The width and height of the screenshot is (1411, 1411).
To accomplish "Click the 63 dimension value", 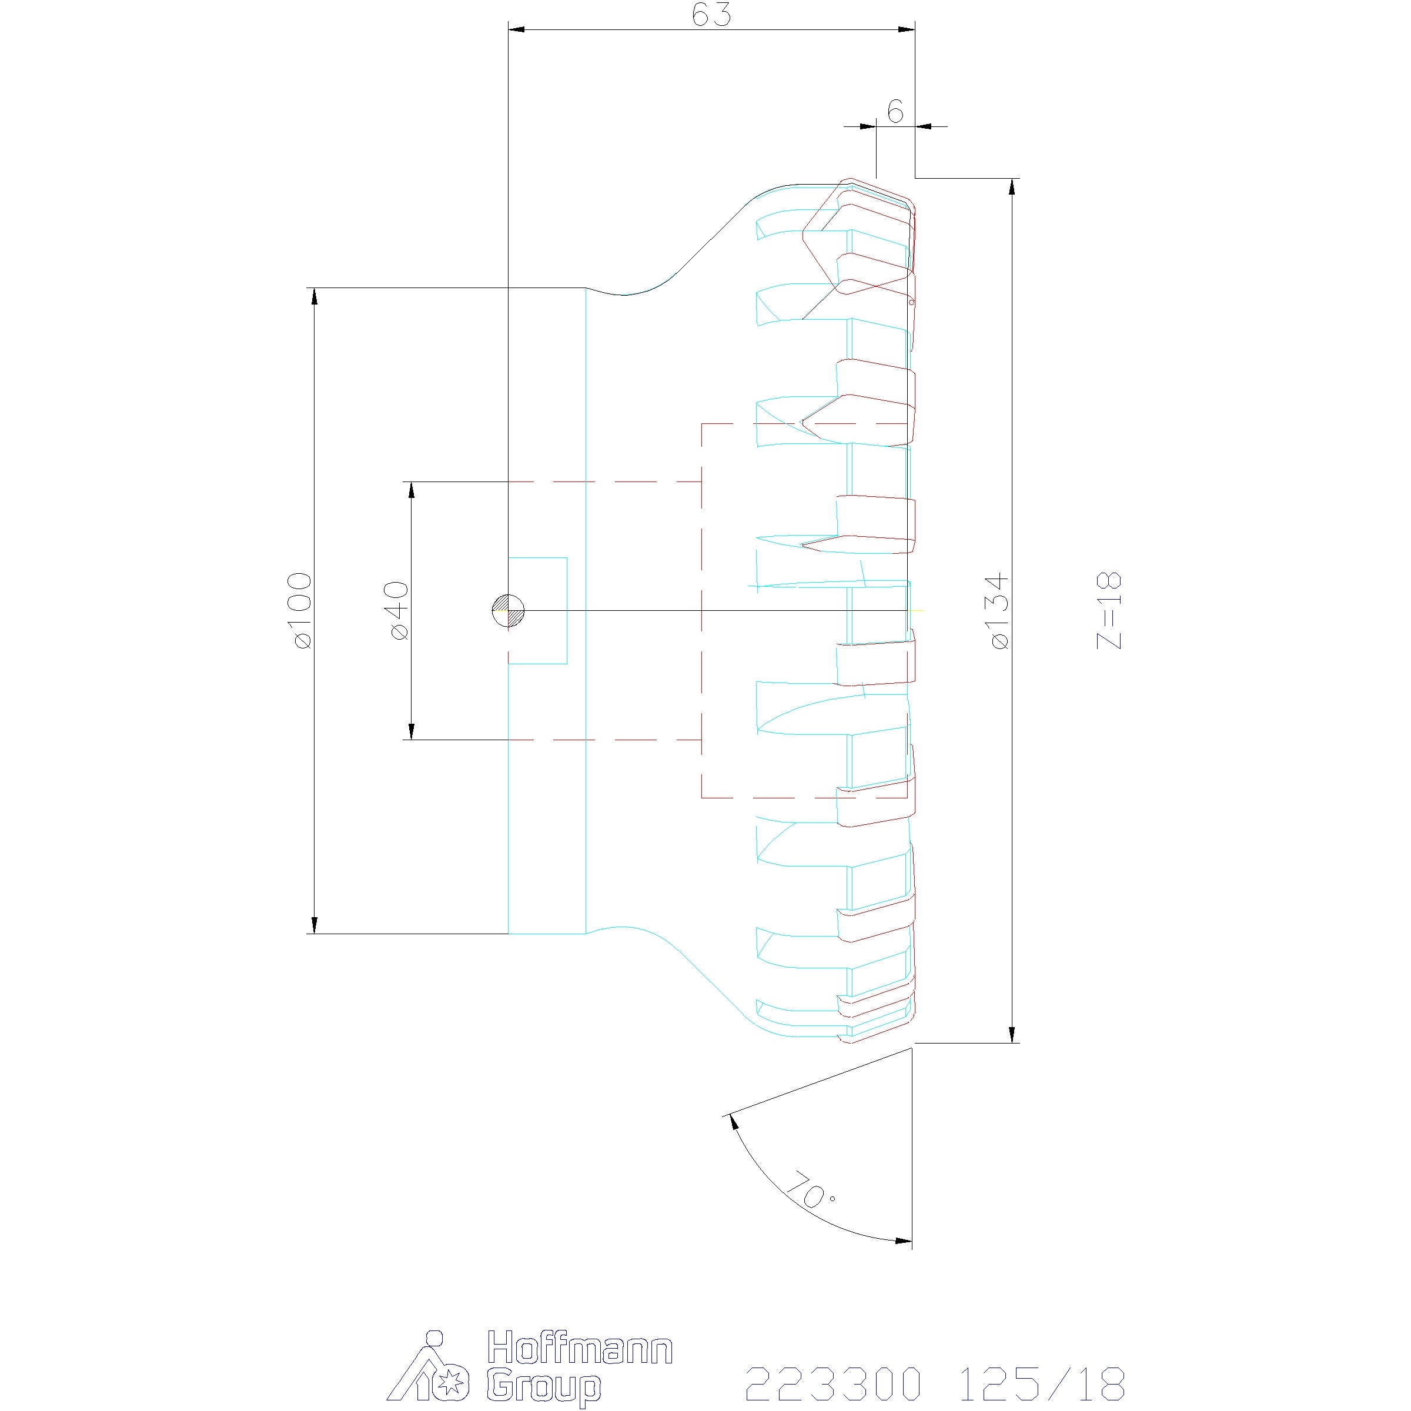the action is point(711,15).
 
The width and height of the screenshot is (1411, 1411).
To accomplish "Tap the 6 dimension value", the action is point(895,112).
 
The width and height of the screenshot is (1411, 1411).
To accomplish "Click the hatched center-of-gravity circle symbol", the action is point(509,610).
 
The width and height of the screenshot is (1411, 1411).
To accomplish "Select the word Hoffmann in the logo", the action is point(579,1346).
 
